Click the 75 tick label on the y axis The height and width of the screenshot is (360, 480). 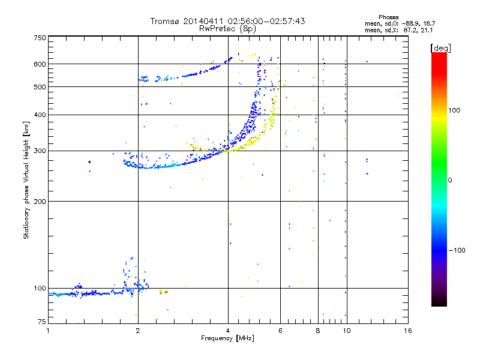pyautogui.click(x=41, y=322)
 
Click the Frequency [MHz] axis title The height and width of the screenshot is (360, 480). pyautogui.click(x=227, y=339)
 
